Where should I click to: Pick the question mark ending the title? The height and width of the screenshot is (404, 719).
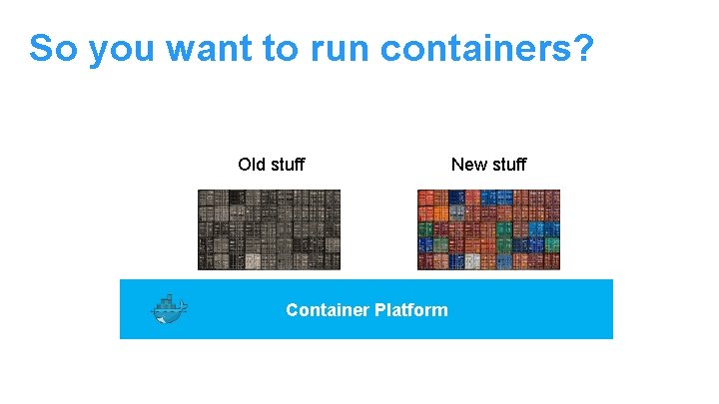pos(583,48)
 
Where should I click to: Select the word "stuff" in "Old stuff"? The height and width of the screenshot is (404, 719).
pos(288,164)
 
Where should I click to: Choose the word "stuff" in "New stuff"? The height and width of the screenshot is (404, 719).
pos(508,164)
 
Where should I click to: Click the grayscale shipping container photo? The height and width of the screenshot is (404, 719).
pos(269,229)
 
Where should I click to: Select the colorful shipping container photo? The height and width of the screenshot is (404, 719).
pos(488,229)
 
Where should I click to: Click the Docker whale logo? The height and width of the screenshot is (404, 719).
pos(169,310)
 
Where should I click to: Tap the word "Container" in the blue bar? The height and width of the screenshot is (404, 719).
pos(328,310)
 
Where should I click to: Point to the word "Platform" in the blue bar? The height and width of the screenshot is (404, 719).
pos(411,310)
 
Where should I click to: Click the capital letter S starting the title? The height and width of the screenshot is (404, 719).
pos(42,48)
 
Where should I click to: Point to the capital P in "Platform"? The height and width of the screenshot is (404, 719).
pos(380,310)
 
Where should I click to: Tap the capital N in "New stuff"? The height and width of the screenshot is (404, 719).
pos(457,164)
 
